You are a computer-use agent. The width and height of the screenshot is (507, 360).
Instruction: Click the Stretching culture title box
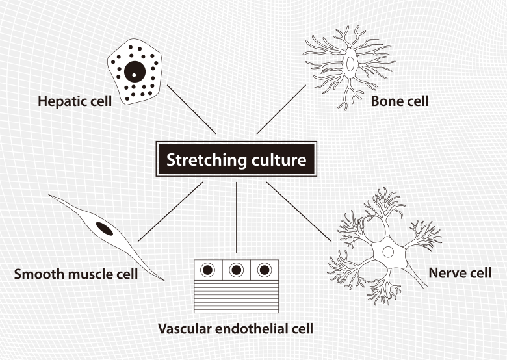[x=236, y=159]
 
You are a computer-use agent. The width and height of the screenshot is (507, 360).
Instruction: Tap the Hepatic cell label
[x=75, y=101]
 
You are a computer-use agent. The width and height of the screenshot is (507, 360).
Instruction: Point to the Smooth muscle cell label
[x=76, y=274]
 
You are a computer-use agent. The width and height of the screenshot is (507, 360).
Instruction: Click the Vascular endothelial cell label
[x=235, y=329]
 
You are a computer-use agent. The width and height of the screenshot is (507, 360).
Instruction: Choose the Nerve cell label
[x=460, y=273]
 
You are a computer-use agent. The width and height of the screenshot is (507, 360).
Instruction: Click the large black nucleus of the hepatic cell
[x=135, y=73]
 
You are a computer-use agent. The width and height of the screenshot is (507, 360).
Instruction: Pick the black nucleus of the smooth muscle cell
[x=104, y=228]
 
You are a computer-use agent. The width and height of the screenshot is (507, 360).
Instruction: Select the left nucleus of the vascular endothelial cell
[x=208, y=269]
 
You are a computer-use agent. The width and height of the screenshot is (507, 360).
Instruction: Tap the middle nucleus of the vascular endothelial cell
[x=236, y=269]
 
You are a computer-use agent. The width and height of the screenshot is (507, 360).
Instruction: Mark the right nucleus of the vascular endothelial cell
[x=264, y=269]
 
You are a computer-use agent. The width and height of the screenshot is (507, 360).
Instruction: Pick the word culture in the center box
[x=278, y=160]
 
